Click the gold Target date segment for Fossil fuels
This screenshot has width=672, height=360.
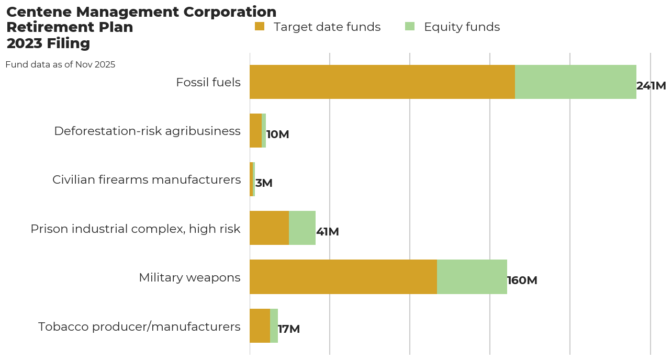tap(382, 82)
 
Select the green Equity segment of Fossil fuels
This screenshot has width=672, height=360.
tap(575, 82)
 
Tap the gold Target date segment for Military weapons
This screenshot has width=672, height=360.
tap(343, 277)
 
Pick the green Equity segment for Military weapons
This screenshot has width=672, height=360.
tap(472, 277)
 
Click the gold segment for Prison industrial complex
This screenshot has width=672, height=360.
tap(269, 228)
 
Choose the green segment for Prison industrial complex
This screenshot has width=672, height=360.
tap(302, 228)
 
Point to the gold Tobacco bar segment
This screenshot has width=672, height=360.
tap(260, 325)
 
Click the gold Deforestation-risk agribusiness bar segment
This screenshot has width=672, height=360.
tap(255, 130)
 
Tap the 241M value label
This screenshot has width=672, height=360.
tap(651, 86)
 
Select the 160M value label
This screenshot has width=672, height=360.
tap(522, 280)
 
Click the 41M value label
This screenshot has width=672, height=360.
tap(328, 232)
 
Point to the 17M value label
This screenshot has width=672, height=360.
tap(289, 329)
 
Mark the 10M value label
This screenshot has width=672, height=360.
tap(277, 134)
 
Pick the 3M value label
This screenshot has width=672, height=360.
tap(264, 183)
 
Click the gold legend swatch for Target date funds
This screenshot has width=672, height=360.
tap(260, 26)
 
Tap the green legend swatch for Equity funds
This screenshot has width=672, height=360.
tap(410, 26)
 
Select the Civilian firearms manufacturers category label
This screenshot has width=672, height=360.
tap(147, 179)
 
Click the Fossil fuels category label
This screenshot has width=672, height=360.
tap(208, 82)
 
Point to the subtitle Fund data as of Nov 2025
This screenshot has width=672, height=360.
tap(60, 65)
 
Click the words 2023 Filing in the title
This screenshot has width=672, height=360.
tap(48, 43)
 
